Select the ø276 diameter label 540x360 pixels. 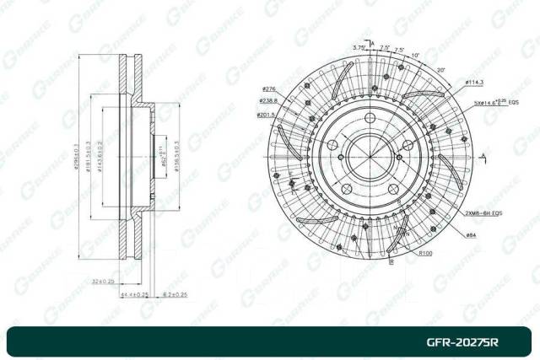point(270,89)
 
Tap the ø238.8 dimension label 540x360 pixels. point(268,100)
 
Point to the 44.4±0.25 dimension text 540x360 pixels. point(135,294)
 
